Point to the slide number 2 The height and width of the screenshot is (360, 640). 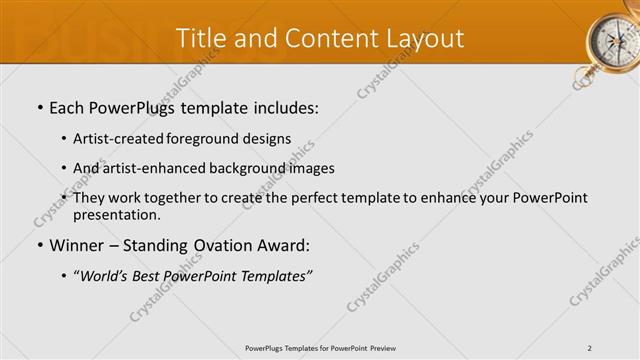pyautogui.click(x=590, y=347)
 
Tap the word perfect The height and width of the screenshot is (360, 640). pyautogui.click(x=309, y=198)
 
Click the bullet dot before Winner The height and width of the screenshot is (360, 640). pyautogui.click(x=39, y=246)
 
